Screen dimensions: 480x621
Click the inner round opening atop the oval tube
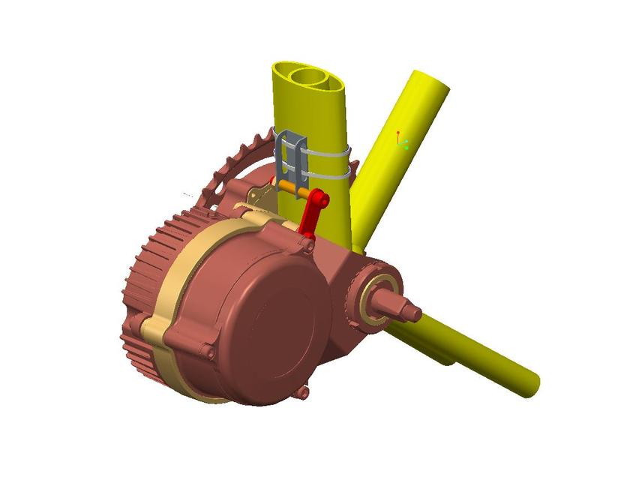[x=310, y=76]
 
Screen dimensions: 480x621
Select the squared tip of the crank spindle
[x=411, y=310]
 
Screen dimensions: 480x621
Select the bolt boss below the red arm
[x=307, y=243]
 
